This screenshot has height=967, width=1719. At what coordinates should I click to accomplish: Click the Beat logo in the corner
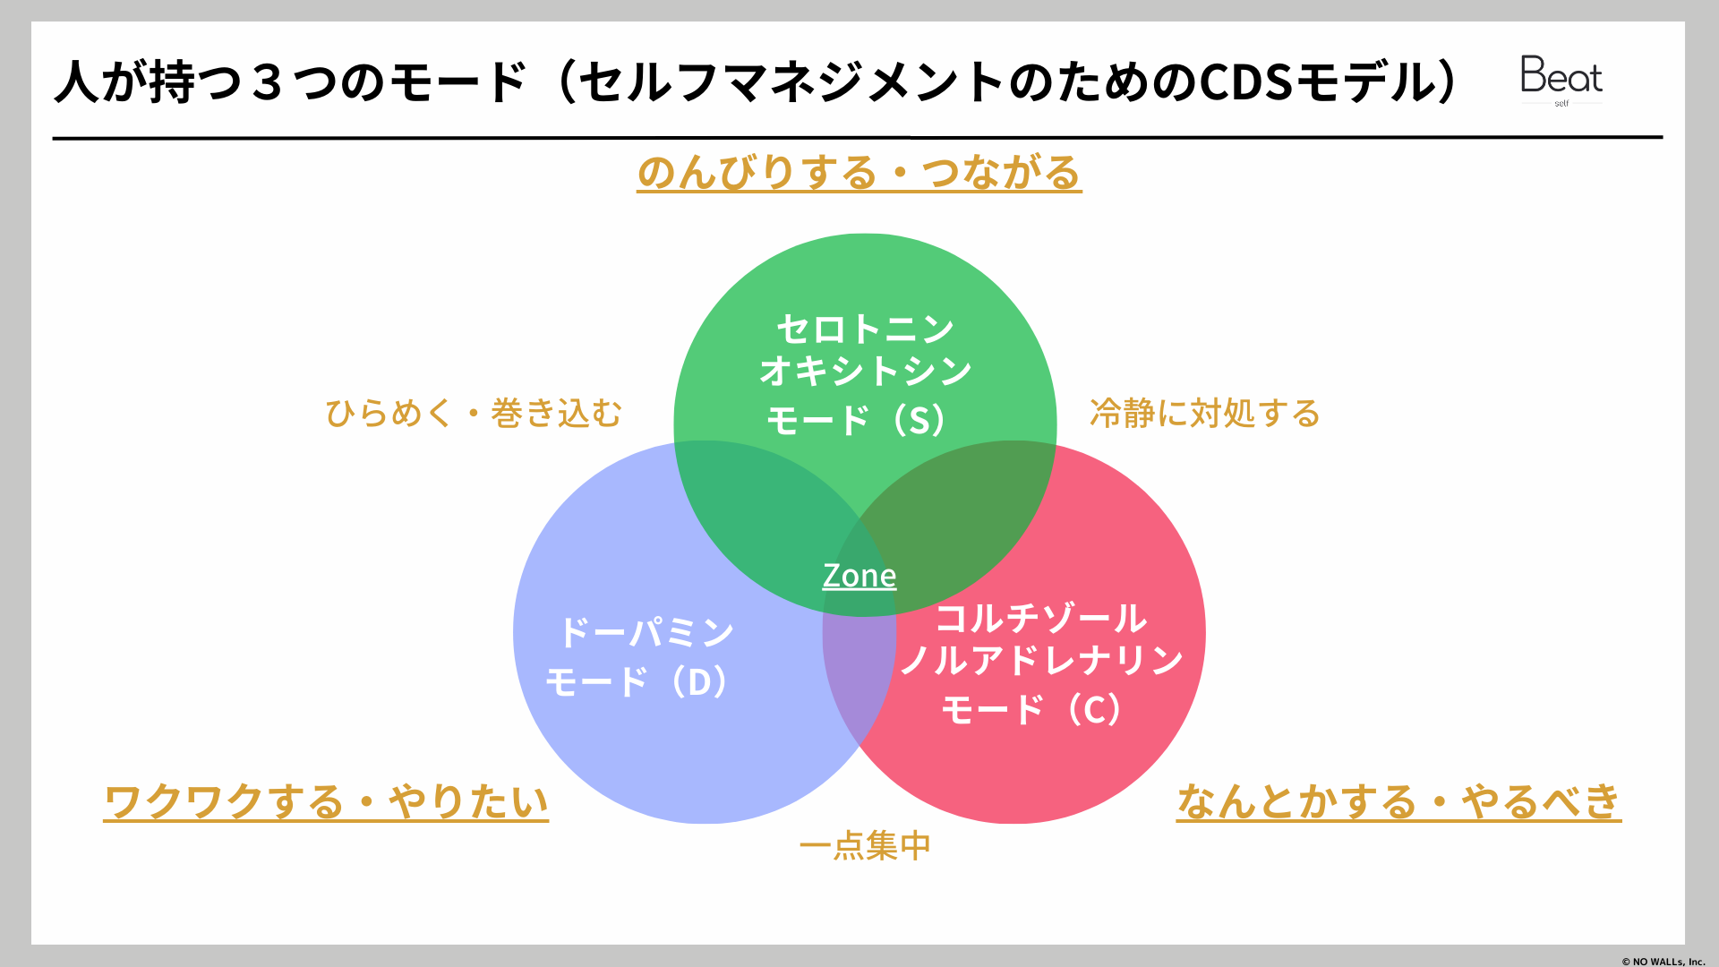pyautogui.click(x=1561, y=78)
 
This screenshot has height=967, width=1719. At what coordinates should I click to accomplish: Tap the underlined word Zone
pyautogui.click(x=859, y=576)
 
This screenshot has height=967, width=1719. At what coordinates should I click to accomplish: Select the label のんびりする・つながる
pyautogui.click(x=859, y=172)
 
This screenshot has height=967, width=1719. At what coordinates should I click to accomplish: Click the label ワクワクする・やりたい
pyautogui.click(x=326, y=801)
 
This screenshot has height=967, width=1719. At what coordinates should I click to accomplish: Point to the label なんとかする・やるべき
pyautogui.click(x=1398, y=801)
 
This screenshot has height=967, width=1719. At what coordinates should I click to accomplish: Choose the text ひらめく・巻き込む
pyautogui.click(x=474, y=414)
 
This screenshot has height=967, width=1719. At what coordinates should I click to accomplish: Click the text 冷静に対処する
pyautogui.click(x=1205, y=414)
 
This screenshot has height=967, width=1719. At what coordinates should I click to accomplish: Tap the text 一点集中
pyautogui.click(x=865, y=845)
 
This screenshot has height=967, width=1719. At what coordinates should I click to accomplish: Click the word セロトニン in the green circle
pyautogui.click(x=865, y=329)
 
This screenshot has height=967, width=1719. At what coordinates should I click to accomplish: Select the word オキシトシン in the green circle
pyautogui.click(x=865, y=371)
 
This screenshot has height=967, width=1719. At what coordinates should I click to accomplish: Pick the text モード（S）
pyautogui.click(x=858, y=420)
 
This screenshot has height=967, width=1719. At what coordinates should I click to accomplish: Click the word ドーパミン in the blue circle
pyautogui.click(x=646, y=632)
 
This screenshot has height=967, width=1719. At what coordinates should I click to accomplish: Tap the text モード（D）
pyautogui.click(x=639, y=682)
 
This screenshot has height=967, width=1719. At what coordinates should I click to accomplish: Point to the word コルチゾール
pyautogui.click(x=1041, y=618)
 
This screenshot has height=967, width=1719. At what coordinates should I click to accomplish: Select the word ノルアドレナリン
pyautogui.click(x=1041, y=661)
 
